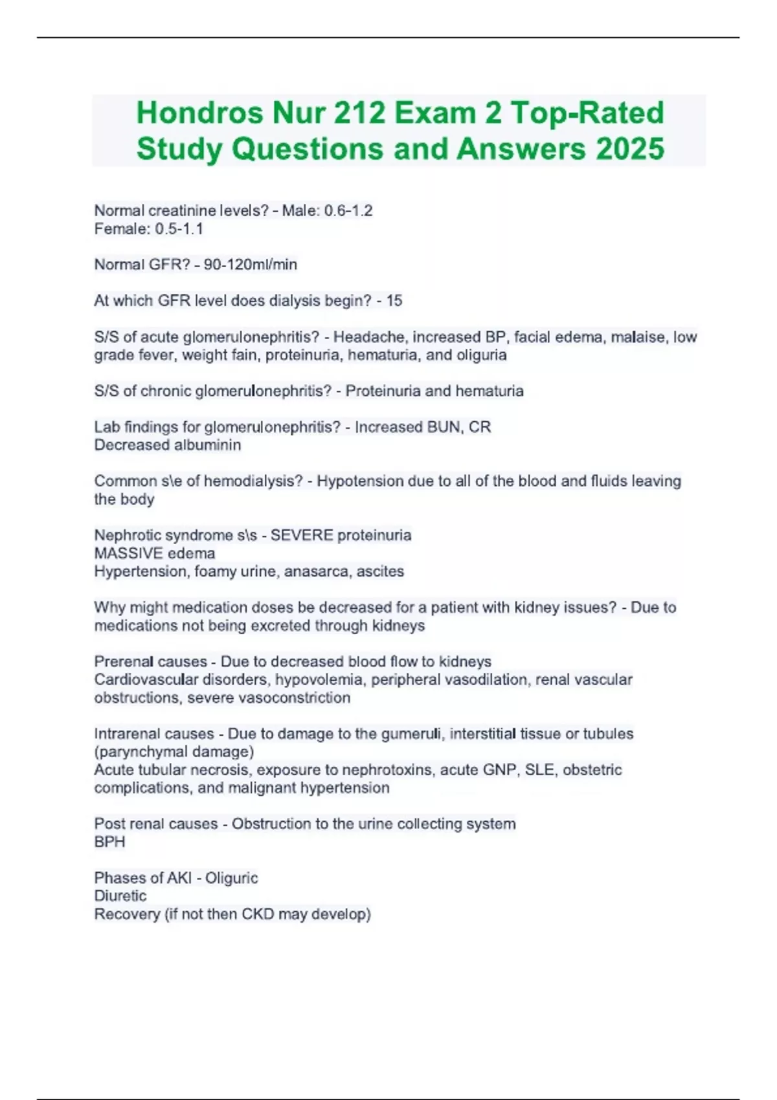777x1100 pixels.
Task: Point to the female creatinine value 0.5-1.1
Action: pos(179,228)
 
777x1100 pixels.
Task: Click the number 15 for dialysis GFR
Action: pos(394,300)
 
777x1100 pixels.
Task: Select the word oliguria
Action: pos(482,355)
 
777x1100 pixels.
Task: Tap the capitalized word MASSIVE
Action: pos(128,553)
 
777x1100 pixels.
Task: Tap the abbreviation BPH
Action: pos(109,842)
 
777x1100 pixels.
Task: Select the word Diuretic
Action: pos(120,896)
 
